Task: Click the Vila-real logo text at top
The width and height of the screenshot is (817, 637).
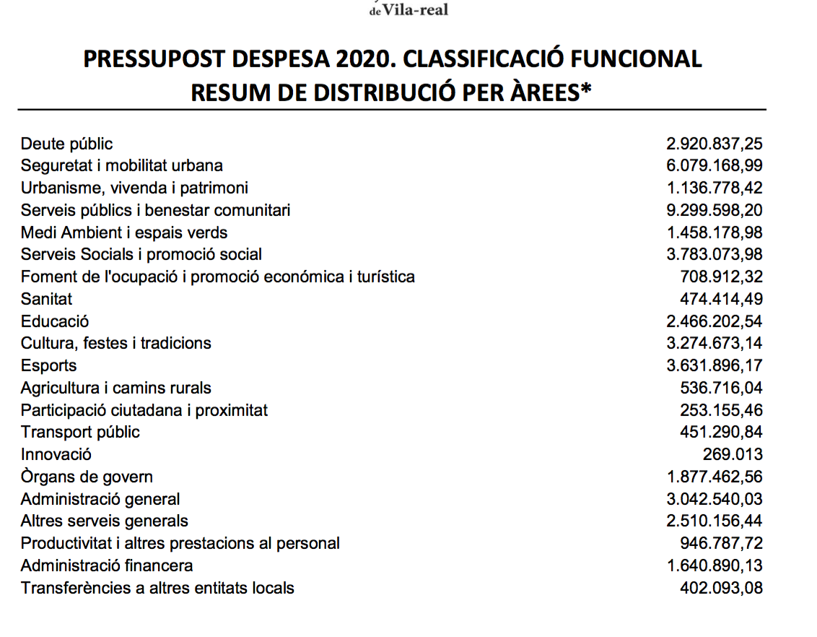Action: (408, 9)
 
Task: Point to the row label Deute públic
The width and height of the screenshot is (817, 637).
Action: (66, 144)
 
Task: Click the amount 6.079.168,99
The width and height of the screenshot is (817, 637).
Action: (714, 165)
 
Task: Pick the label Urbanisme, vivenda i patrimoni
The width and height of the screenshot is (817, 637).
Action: (134, 188)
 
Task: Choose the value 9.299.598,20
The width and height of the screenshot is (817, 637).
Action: (714, 210)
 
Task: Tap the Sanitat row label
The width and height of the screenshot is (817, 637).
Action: (46, 298)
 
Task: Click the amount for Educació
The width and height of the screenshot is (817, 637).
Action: (714, 321)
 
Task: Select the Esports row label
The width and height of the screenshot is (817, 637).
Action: (48, 365)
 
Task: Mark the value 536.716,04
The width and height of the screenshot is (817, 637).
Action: (721, 388)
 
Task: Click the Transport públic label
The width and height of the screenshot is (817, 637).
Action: (80, 432)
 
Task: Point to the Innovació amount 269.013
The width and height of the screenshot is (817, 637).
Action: (733, 454)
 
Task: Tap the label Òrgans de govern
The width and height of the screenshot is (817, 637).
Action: (87, 477)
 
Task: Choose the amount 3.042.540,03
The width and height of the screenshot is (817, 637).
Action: (714, 499)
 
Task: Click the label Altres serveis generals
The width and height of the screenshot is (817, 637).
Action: (104, 521)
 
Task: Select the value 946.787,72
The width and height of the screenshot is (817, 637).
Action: (721, 543)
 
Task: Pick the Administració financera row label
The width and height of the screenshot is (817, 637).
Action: (107, 565)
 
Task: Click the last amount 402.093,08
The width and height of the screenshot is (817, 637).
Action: (721, 588)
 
